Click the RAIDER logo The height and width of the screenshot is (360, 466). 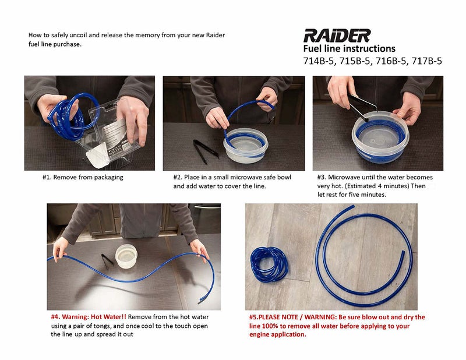tap(336, 36)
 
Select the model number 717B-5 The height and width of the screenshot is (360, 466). tap(427, 60)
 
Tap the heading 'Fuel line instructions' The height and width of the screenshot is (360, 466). tap(349, 49)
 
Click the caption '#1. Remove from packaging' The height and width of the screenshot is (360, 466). tap(83, 177)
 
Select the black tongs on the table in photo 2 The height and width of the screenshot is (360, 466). tap(205, 148)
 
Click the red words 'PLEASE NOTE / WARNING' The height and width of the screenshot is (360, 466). tap(298, 317)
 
